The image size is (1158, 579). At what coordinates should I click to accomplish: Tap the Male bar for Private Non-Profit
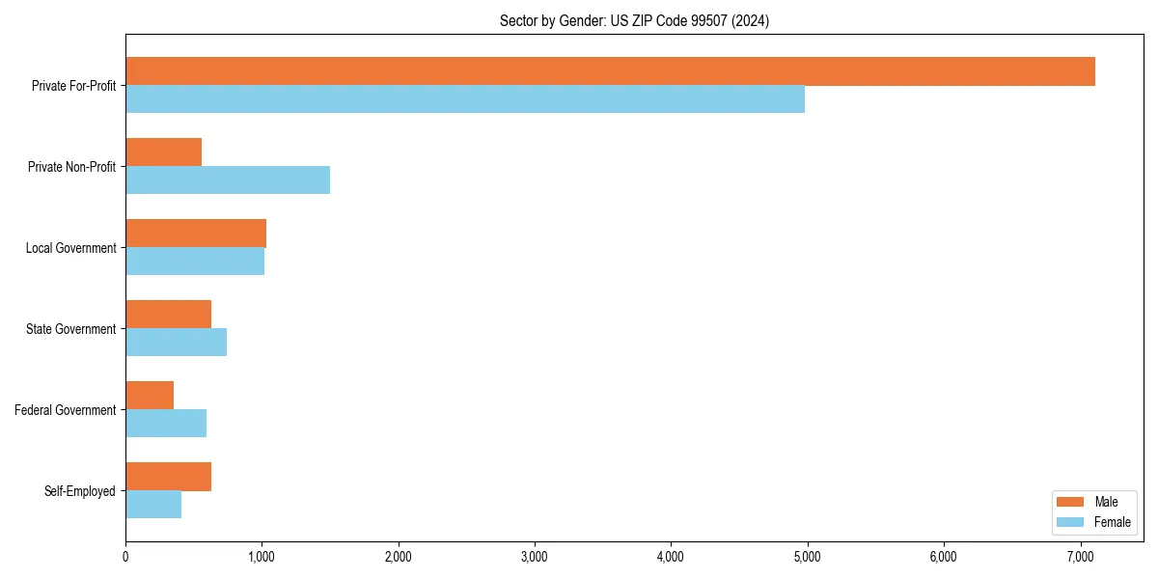(163, 152)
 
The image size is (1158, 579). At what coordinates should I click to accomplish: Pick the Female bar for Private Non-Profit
(228, 180)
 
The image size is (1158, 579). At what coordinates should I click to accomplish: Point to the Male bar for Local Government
(196, 234)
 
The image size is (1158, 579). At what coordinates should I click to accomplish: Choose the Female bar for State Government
(176, 343)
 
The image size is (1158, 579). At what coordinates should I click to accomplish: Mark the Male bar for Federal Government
(150, 396)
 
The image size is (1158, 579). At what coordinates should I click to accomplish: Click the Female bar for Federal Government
(166, 424)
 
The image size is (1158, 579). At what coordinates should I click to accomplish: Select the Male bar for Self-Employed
(168, 477)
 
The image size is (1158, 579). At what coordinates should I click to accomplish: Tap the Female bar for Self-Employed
(153, 505)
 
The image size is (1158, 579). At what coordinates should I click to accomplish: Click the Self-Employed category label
(80, 491)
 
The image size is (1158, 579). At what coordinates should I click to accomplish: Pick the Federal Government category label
(66, 410)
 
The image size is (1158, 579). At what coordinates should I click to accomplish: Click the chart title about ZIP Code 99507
(634, 20)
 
